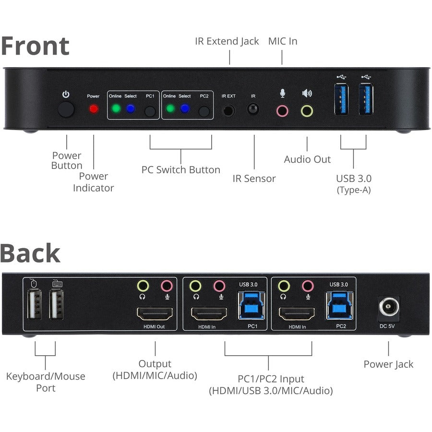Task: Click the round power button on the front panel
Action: [x=66, y=110]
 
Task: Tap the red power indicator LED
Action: [x=94, y=109]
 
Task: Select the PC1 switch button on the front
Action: [x=151, y=111]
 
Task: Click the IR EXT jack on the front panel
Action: [x=229, y=110]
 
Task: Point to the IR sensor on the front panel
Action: [x=253, y=109]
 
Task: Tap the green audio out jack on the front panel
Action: [x=307, y=111]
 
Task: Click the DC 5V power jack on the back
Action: [x=389, y=306]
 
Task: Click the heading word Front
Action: [x=35, y=46]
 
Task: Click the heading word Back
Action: [x=30, y=253]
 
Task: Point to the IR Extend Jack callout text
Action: [x=227, y=41]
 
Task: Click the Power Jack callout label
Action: [x=388, y=364]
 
